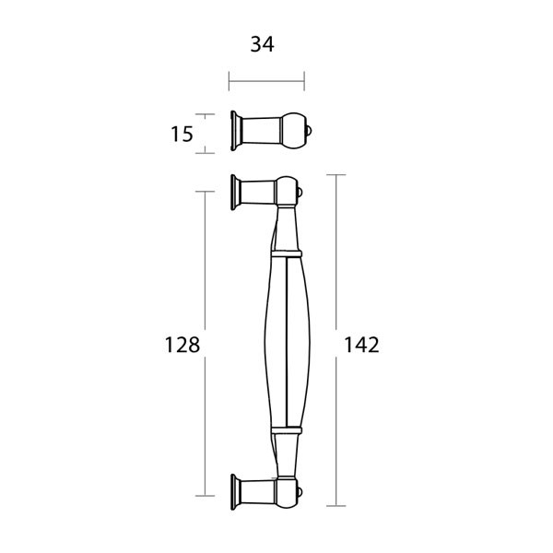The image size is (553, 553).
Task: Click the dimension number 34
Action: [x=262, y=45]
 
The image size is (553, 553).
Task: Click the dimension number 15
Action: [x=182, y=134]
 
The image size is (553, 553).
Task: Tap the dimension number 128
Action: [x=182, y=345]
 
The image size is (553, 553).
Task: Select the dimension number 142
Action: [x=361, y=345]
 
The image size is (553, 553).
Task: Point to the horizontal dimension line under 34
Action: [x=266, y=81]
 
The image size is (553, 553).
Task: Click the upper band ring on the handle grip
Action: [x=287, y=253]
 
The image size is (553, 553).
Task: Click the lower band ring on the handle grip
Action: [x=287, y=429]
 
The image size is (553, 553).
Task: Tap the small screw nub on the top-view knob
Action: [x=310, y=131]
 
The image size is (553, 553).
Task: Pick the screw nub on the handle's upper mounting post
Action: [x=300, y=193]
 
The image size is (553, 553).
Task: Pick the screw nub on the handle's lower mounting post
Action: [x=300, y=492]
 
